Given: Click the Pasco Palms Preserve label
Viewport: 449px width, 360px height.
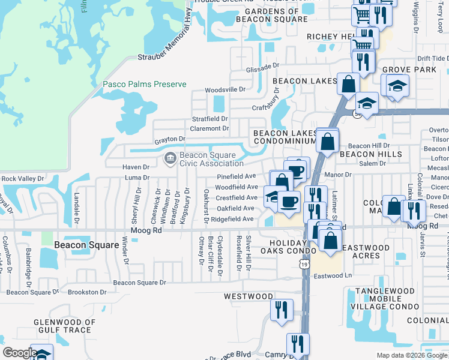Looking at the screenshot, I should (144, 85).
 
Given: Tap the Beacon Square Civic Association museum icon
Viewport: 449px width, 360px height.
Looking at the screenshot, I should (169, 158).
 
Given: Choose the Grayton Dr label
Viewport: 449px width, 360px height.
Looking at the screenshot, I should (169, 140).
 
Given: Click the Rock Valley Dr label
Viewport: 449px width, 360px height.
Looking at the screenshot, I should (23, 178).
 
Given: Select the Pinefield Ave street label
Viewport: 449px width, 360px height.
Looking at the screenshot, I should (237, 176).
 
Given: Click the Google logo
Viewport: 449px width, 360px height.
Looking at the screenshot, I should (19, 353).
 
